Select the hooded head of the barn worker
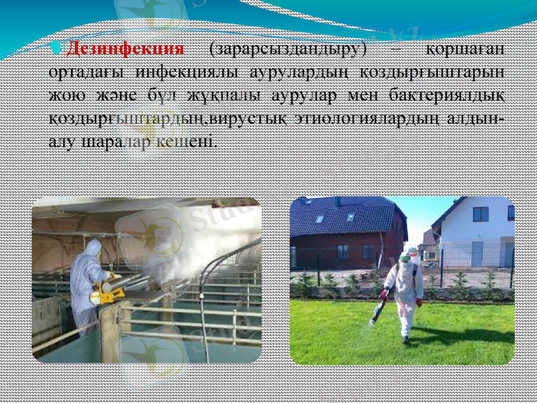tap(93, 247)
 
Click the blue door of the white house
tap(477, 254)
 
